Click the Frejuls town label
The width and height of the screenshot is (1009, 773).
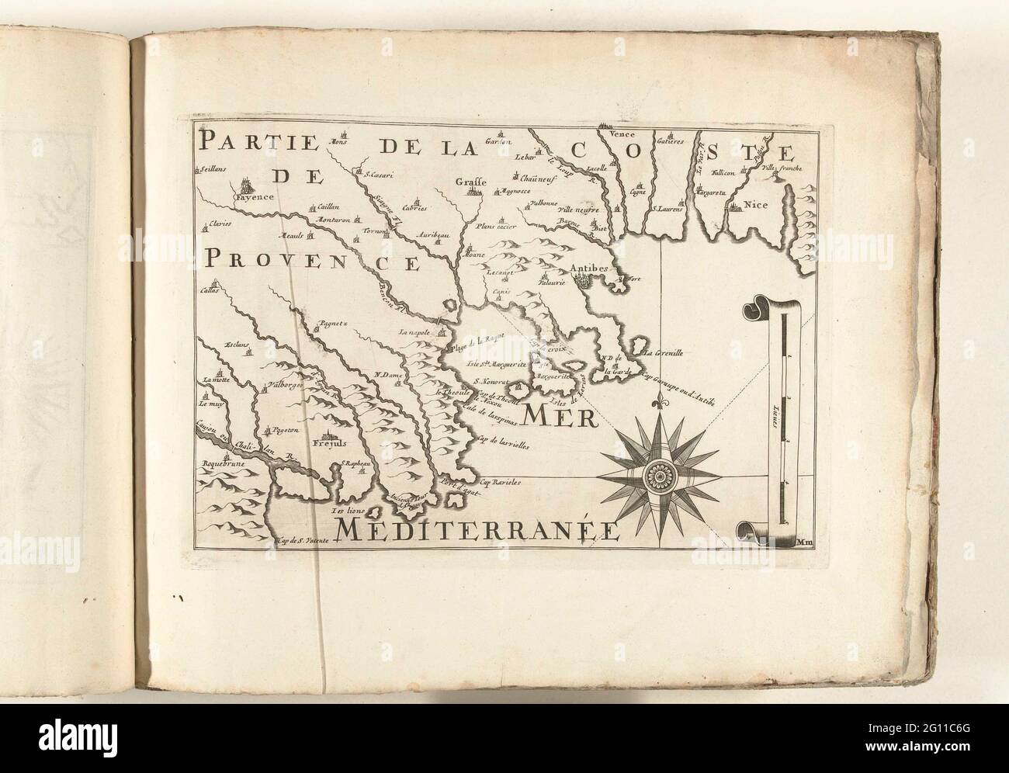[x=328, y=444]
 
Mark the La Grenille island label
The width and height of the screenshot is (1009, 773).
[x=664, y=352]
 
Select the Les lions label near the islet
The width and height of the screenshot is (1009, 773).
[x=348, y=512]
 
